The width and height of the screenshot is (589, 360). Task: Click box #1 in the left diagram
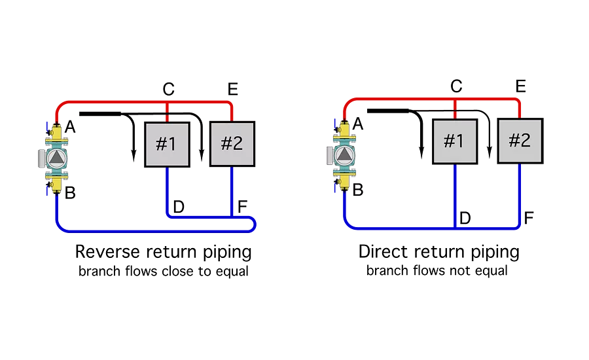tap(166, 144)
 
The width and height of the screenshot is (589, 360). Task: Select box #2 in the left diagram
tap(232, 144)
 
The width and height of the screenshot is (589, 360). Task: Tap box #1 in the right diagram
tap(454, 141)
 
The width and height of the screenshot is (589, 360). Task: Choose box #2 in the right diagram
tap(520, 141)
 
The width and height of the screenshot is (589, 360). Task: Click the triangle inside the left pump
tap(57, 157)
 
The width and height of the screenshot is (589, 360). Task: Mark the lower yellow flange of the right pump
tap(344, 177)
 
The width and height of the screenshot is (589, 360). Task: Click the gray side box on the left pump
tap(41, 158)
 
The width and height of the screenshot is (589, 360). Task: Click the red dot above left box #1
tap(167, 118)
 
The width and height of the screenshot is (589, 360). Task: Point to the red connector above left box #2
tap(231, 115)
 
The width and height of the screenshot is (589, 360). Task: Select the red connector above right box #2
tap(520, 113)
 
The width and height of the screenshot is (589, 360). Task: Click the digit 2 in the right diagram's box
tap(526, 141)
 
